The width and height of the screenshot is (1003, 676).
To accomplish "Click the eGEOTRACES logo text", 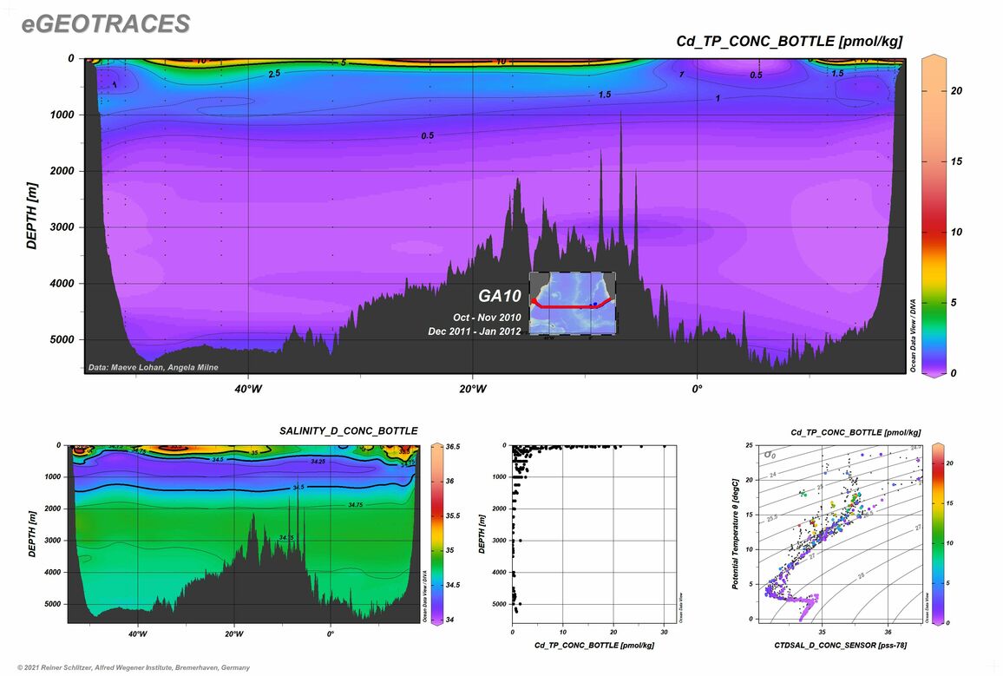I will click(x=106, y=25).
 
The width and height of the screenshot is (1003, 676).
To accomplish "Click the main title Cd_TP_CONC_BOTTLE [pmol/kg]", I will click(x=790, y=41).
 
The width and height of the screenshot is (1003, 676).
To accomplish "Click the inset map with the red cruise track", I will click(x=573, y=303).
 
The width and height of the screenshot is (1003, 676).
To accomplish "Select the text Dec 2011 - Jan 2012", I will click(x=475, y=331).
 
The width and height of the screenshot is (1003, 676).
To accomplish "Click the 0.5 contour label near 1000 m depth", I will click(x=428, y=136).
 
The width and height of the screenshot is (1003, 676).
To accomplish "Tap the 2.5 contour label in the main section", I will click(x=274, y=75).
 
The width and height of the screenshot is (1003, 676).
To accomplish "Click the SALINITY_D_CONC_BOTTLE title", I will click(x=348, y=430).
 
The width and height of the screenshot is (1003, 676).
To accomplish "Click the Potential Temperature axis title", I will click(x=735, y=534).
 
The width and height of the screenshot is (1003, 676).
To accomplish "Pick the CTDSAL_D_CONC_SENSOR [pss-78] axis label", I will click(x=840, y=646).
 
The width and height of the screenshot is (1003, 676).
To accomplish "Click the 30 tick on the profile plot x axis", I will click(x=664, y=633).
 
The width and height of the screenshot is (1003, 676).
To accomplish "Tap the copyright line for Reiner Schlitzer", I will click(x=128, y=667).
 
